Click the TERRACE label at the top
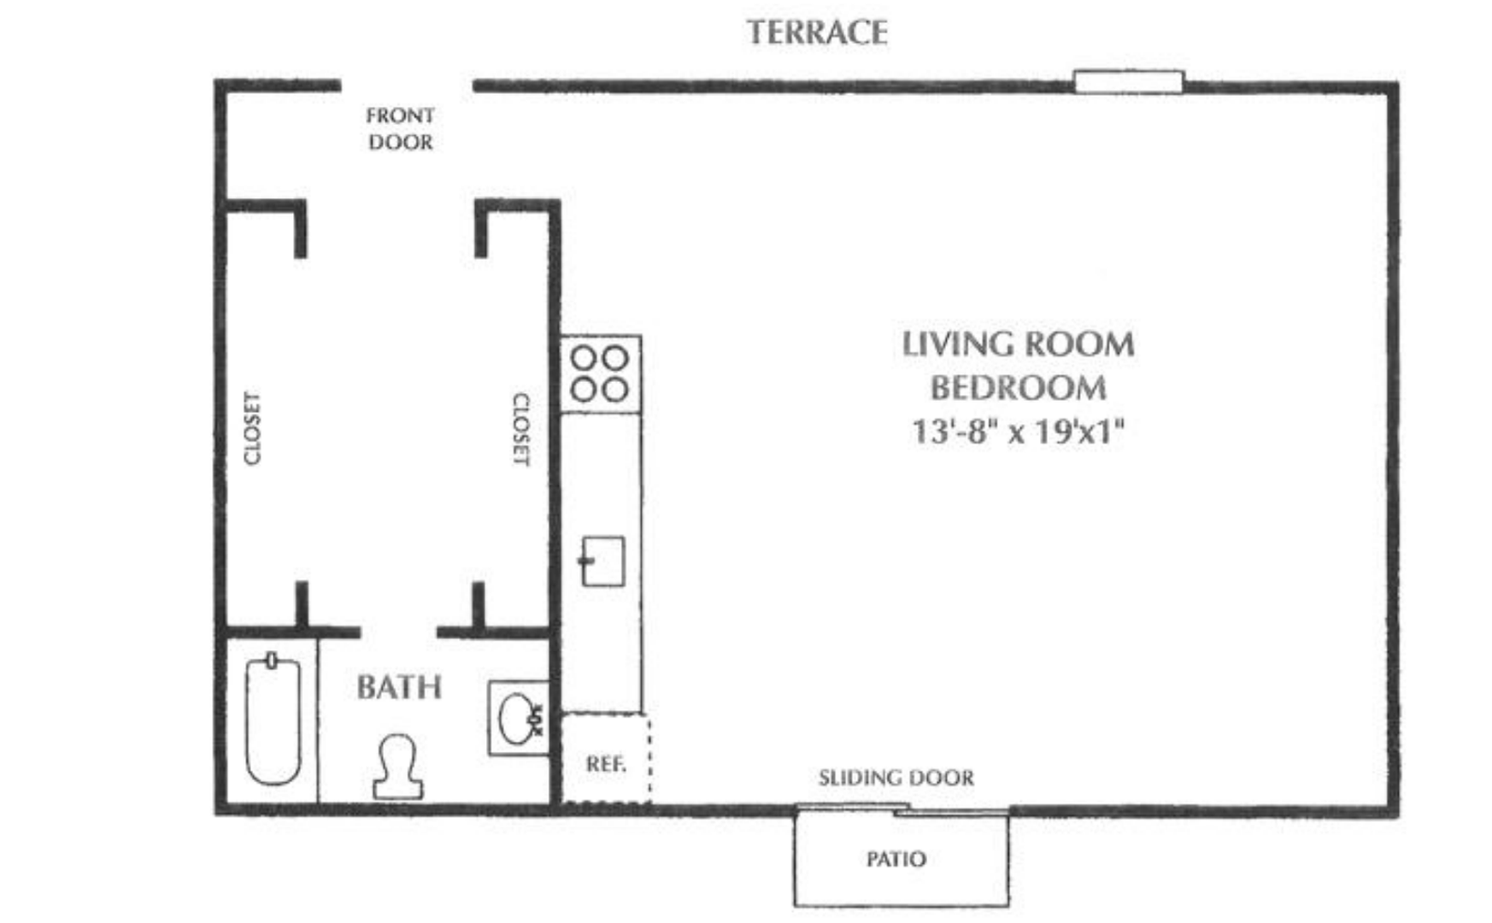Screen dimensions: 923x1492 click(x=817, y=32)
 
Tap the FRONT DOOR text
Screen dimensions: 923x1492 click(x=400, y=128)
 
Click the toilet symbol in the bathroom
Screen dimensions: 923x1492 click(x=398, y=767)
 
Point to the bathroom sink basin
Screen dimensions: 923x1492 click(x=515, y=717)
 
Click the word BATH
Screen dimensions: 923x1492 click(x=399, y=687)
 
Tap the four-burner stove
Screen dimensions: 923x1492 click(x=600, y=373)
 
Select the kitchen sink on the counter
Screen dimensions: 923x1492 click(x=603, y=561)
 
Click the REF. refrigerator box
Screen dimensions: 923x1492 click(x=605, y=760)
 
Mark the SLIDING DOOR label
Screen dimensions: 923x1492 click(x=896, y=778)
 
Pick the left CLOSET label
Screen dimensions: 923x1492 click(x=251, y=428)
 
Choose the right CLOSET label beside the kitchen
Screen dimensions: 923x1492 click(x=520, y=430)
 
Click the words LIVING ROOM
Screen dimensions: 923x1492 click(x=1018, y=344)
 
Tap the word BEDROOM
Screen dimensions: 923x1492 click(x=1018, y=388)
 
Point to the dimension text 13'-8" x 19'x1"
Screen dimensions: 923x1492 click(x=1018, y=431)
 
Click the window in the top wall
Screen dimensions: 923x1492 click(x=1128, y=82)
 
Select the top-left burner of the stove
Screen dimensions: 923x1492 click(x=584, y=357)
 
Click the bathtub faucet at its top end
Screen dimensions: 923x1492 click(x=272, y=660)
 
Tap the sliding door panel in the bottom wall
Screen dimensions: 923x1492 click(x=902, y=808)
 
